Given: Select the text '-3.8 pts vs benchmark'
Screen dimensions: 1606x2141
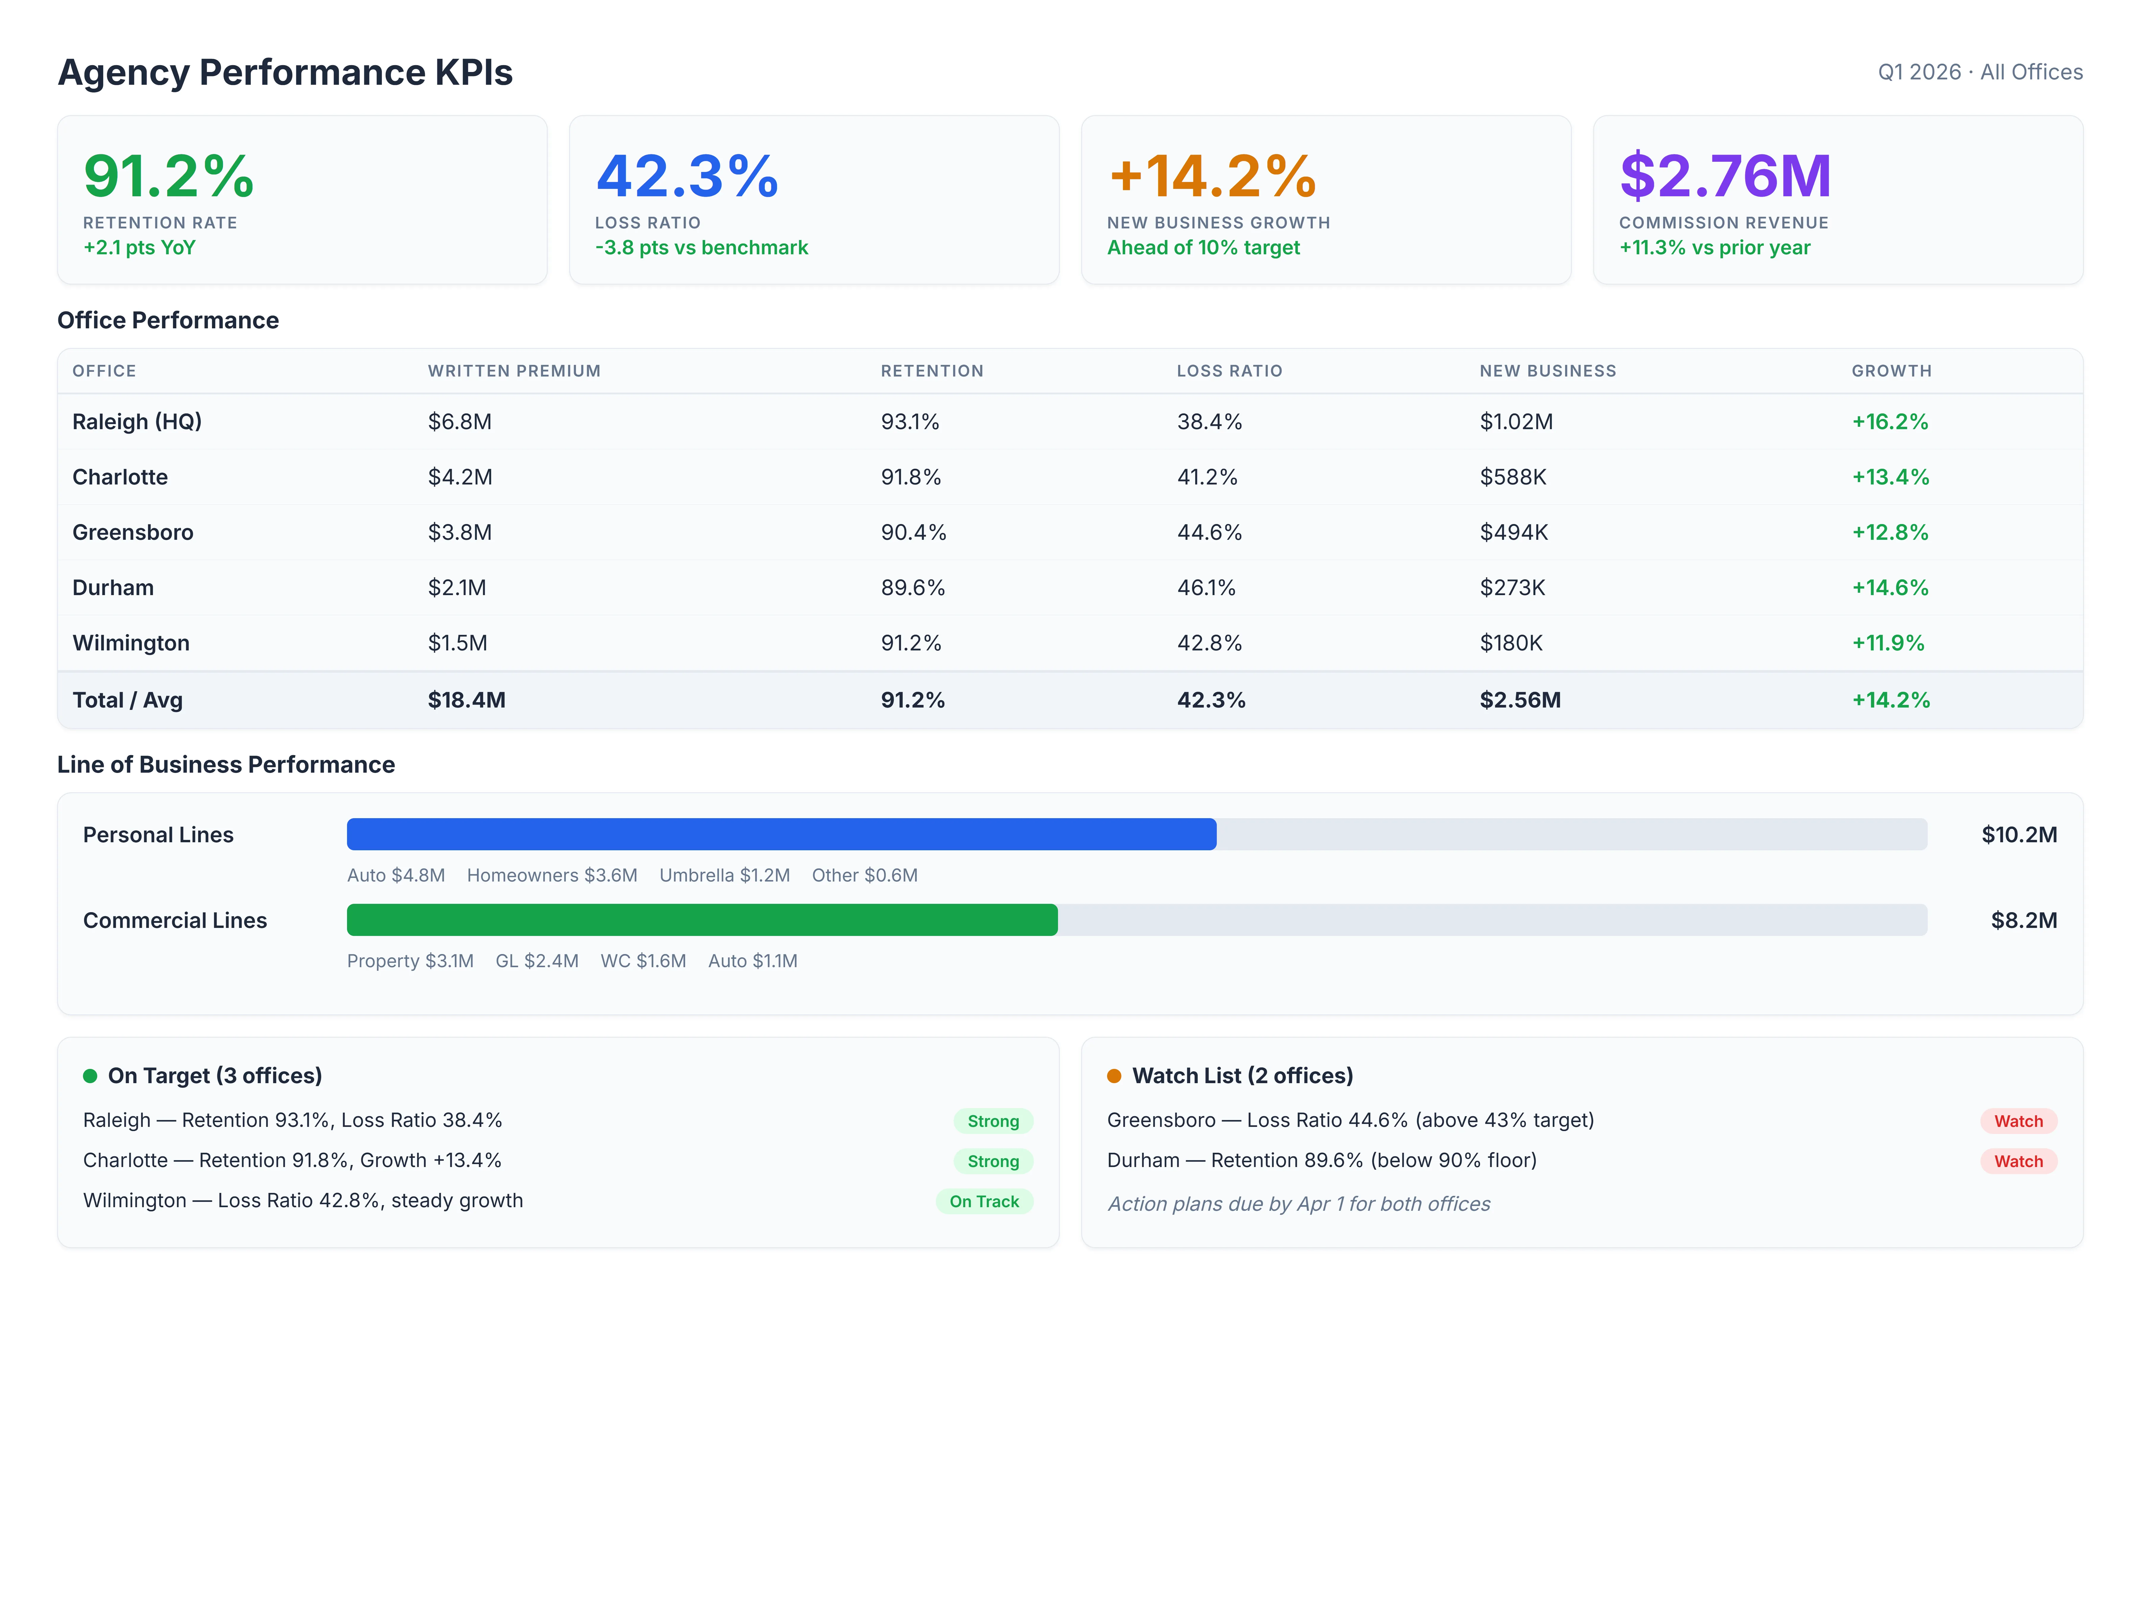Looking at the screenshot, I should click(x=701, y=248).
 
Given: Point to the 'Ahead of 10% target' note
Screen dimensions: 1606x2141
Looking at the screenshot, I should click(x=1203, y=248).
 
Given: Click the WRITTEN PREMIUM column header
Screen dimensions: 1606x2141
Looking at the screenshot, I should click(x=514, y=371).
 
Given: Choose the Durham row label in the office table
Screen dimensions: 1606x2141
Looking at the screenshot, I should click(x=113, y=588).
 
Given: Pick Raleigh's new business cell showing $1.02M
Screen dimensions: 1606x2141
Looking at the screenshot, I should click(x=1516, y=422).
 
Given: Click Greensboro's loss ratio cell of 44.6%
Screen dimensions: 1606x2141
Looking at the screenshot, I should click(x=1209, y=532).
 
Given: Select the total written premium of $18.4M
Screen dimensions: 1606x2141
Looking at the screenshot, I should click(x=467, y=700).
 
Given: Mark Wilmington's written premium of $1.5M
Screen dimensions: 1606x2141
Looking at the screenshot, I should click(x=458, y=643).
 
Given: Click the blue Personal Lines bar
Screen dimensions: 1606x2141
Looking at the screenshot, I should click(x=781, y=835).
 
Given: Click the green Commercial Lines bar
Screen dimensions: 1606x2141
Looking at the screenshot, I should click(x=702, y=920).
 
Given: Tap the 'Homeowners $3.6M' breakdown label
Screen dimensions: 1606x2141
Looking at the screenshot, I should click(x=552, y=875).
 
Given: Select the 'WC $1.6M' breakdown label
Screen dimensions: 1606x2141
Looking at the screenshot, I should click(x=643, y=961).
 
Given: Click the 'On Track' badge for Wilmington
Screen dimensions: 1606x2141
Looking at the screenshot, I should click(x=983, y=1201).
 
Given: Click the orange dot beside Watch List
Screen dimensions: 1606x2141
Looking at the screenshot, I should click(x=1114, y=1077).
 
